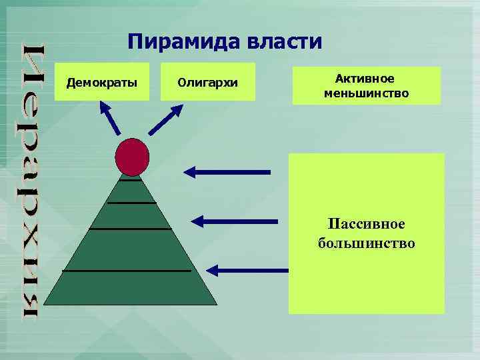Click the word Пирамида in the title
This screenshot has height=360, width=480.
point(175,43)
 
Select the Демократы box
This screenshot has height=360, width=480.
point(103,83)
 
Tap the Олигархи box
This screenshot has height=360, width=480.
point(208,83)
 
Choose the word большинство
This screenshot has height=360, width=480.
point(366,243)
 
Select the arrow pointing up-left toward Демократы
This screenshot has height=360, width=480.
point(110,118)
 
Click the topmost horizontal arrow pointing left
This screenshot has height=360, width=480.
point(227,172)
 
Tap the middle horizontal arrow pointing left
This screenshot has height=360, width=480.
point(235,220)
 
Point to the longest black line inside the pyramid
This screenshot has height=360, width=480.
point(127,271)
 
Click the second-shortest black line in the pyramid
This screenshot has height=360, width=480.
point(131,202)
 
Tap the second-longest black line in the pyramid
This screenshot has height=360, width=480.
point(130,229)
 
